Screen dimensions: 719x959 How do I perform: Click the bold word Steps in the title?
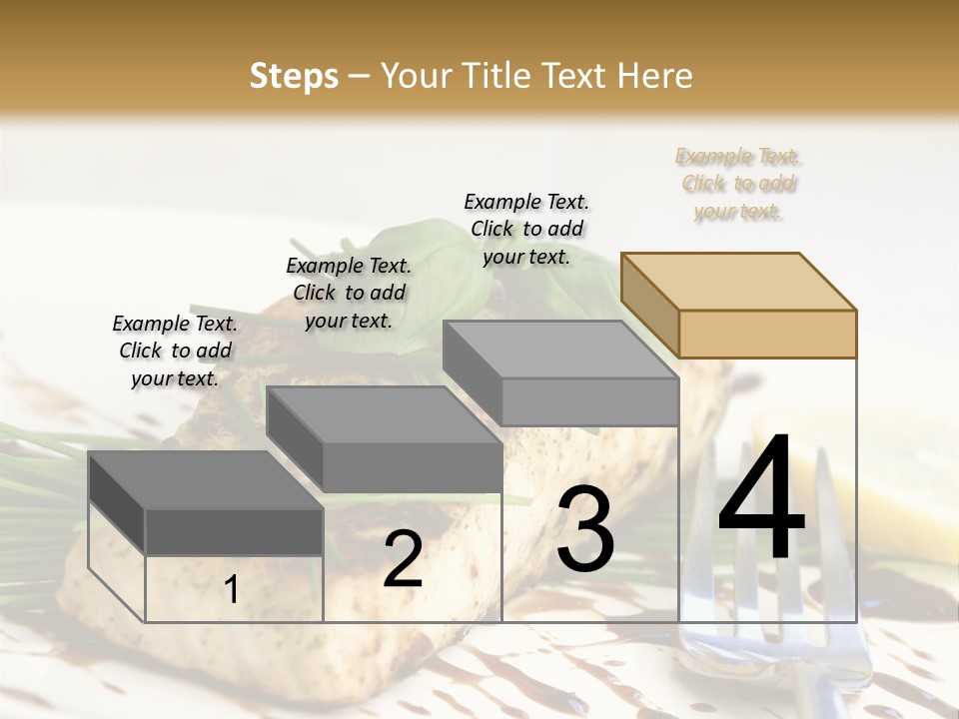tap(294, 76)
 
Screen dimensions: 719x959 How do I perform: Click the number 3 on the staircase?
tap(585, 529)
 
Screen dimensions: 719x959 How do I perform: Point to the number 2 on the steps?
tap(403, 559)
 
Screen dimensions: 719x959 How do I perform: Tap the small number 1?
tap(231, 589)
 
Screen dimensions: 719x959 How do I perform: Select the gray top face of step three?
tap(559, 350)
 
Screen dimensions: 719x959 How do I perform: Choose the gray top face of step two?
tap(384, 414)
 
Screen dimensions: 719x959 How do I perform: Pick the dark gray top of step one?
tap(206, 479)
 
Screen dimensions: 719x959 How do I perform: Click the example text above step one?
tap(175, 351)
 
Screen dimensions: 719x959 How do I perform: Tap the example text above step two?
tap(349, 293)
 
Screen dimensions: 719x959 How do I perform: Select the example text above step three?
tap(526, 229)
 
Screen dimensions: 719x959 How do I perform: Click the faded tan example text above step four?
tap(738, 184)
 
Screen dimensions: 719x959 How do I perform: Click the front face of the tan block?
tap(767, 334)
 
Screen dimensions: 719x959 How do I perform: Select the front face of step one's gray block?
tap(234, 531)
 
